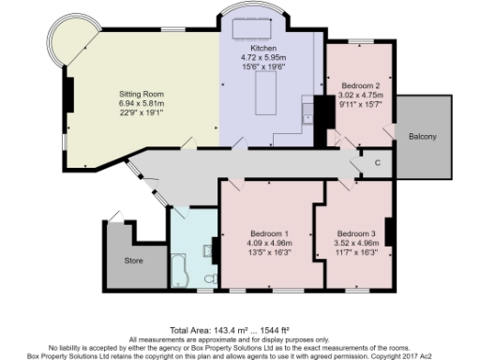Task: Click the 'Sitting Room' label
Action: [141, 95]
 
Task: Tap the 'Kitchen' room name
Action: [262, 47]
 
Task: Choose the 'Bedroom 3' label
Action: [356, 233]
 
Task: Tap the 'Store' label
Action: [132, 260]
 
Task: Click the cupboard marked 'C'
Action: [377, 162]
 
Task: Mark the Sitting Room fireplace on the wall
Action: [68, 94]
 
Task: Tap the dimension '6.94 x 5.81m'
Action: [141, 104]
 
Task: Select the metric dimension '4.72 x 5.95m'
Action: [262, 56]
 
